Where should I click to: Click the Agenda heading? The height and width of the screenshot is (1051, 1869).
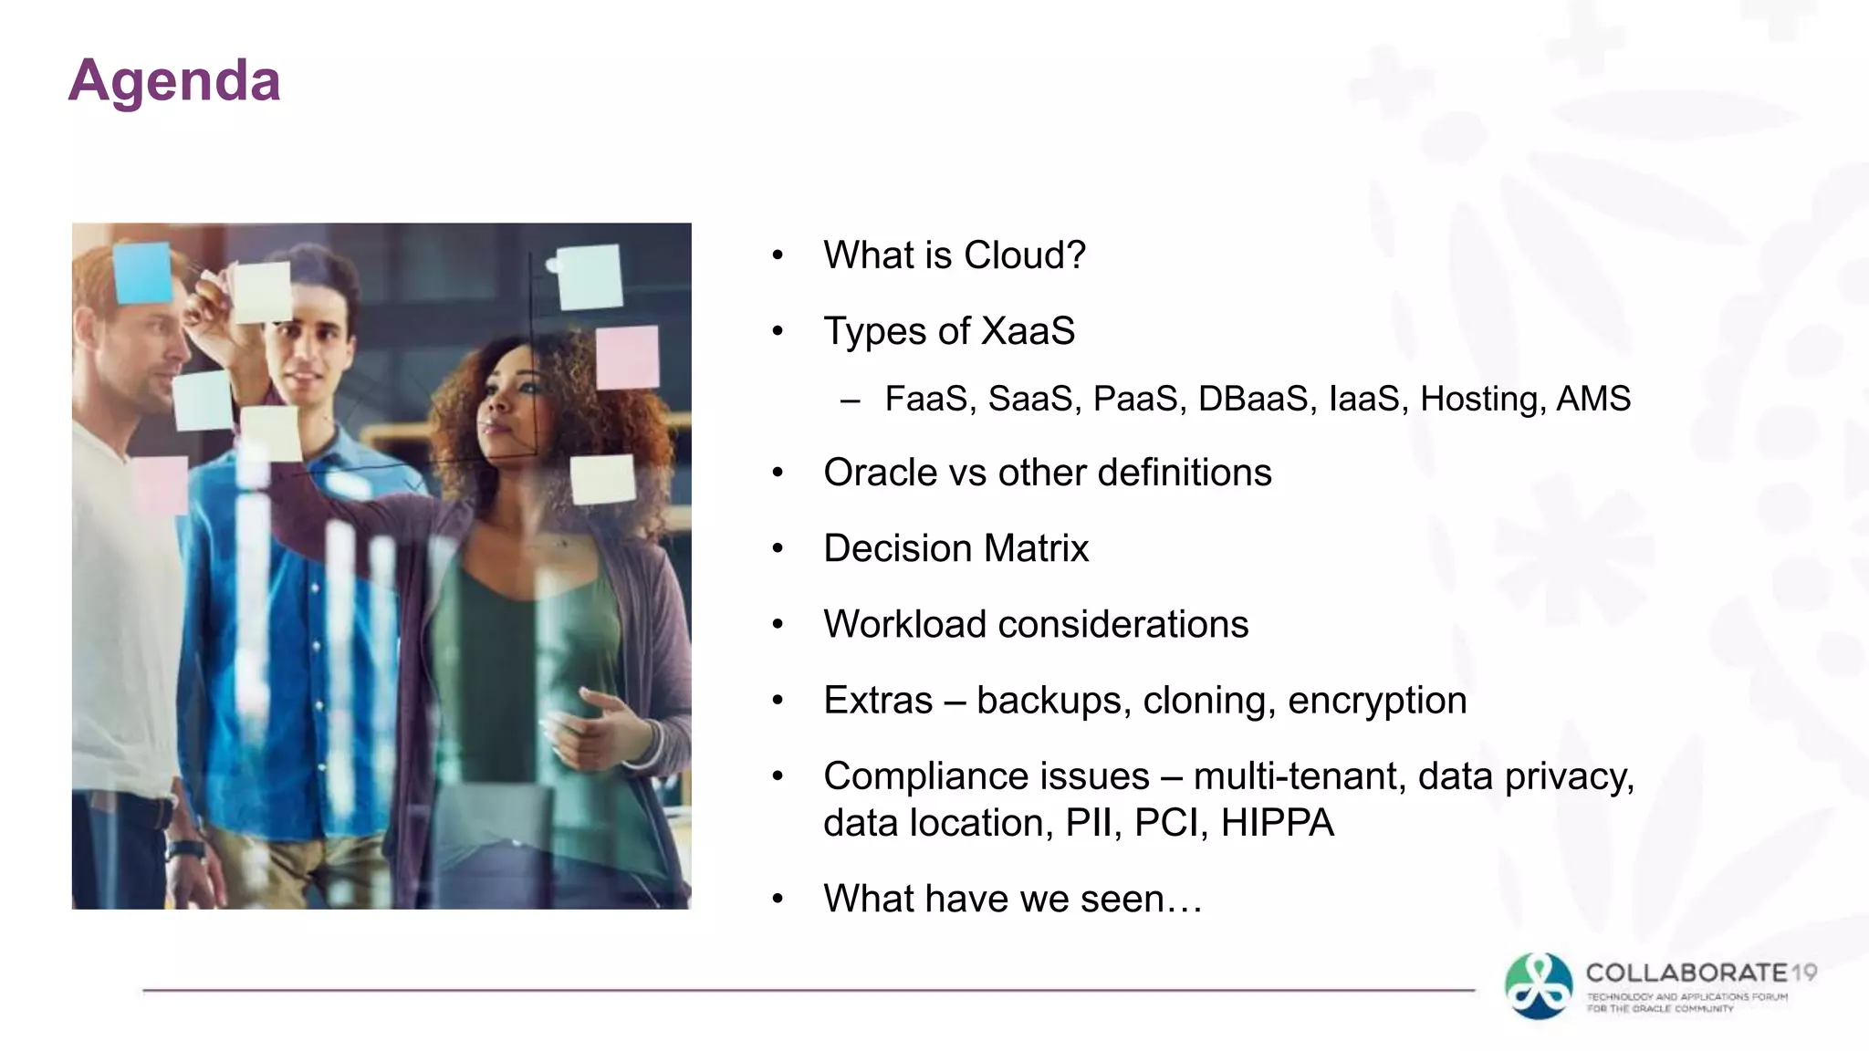tap(174, 81)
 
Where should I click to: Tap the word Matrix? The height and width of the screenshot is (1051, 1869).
tap(1037, 548)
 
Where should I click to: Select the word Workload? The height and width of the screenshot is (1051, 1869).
tap(904, 625)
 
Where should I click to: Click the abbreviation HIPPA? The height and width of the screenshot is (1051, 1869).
tap(1277, 823)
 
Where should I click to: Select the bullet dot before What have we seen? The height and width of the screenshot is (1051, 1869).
tap(778, 900)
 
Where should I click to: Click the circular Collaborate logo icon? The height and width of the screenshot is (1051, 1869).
tap(1539, 986)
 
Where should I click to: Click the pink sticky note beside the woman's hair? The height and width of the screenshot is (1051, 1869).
tap(627, 358)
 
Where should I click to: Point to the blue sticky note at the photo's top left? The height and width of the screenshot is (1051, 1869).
tap(143, 273)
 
